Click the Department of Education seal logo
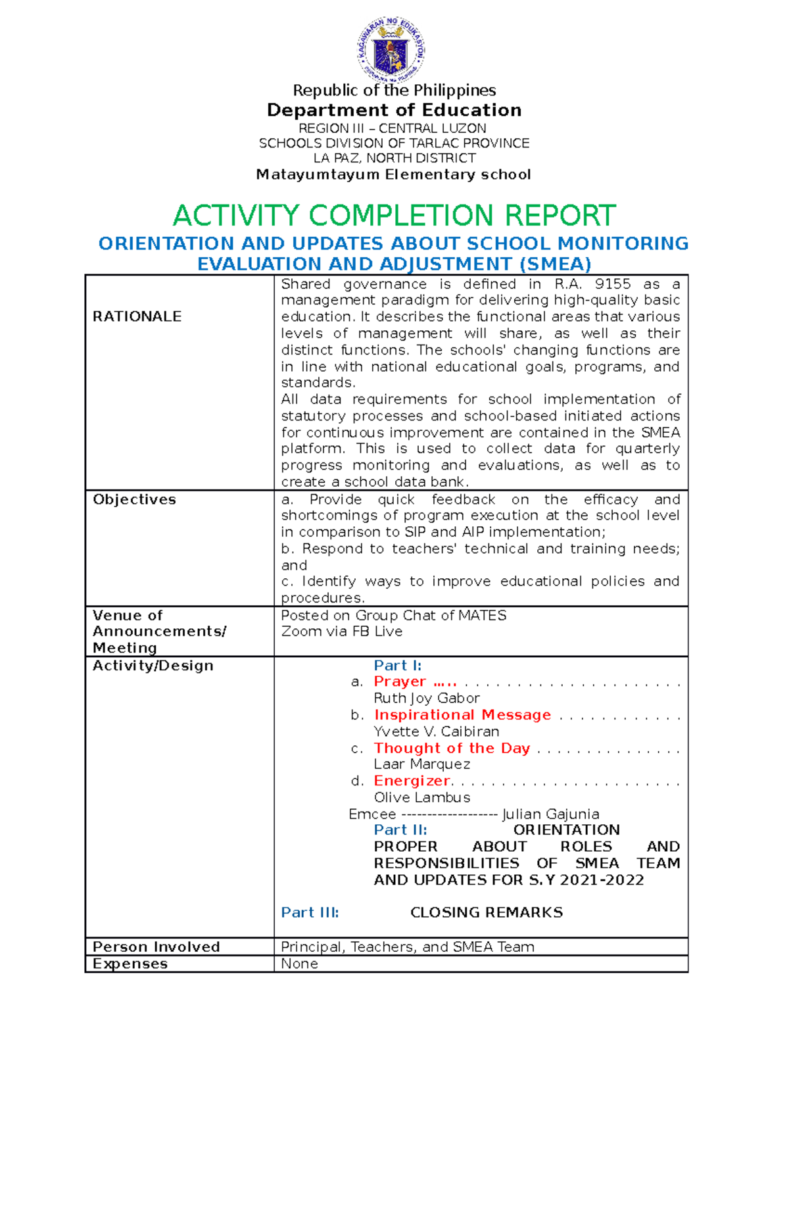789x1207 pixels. click(391, 50)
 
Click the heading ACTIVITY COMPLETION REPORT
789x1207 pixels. click(394, 216)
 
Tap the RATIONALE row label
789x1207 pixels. click(137, 316)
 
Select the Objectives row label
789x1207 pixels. click(134, 499)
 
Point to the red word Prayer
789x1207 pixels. click(400, 681)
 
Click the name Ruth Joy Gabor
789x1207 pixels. click(426, 698)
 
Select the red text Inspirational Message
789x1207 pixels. click(462, 715)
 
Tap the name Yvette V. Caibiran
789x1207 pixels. click(436, 731)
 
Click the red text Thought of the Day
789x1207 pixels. click(452, 748)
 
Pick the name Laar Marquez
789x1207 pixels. click(421, 764)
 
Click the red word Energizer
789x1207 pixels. click(412, 781)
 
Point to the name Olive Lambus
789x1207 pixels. click(421, 797)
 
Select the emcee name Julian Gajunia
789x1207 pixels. click(550, 814)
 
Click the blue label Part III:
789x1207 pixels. click(310, 912)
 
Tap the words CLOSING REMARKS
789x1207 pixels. click(487, 912)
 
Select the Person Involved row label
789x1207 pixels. click(156, 947)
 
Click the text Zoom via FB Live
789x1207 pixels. click(341, 631)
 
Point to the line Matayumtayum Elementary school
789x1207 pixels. click(393, 174)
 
